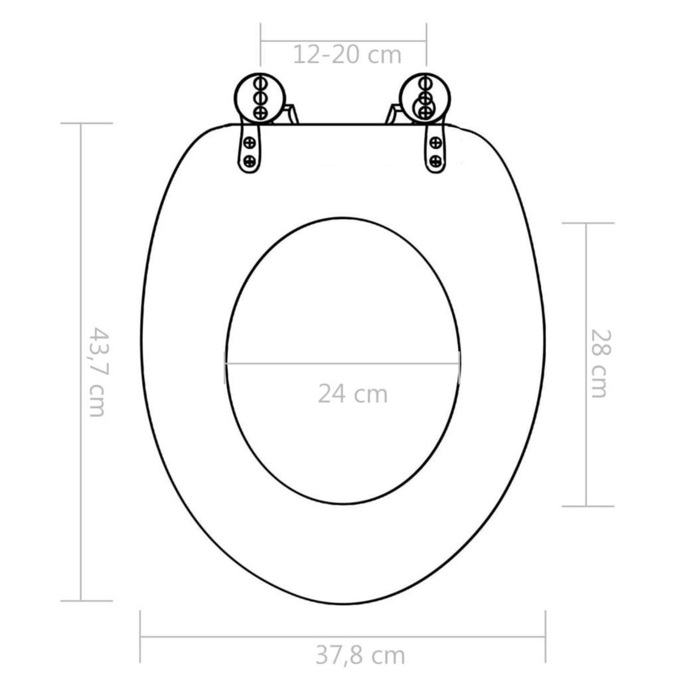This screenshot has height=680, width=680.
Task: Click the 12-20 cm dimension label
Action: click(347, 55)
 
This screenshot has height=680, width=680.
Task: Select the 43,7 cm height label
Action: click(96, 371)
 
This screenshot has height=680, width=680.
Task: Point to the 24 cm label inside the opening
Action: click(352, 393)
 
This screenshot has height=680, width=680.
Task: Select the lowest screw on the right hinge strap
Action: click(436, 159)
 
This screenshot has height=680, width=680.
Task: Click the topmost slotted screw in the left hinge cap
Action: click(261, 82)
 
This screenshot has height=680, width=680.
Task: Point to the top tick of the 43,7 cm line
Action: click(80, 124)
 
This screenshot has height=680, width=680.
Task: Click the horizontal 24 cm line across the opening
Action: click(343, 363)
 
